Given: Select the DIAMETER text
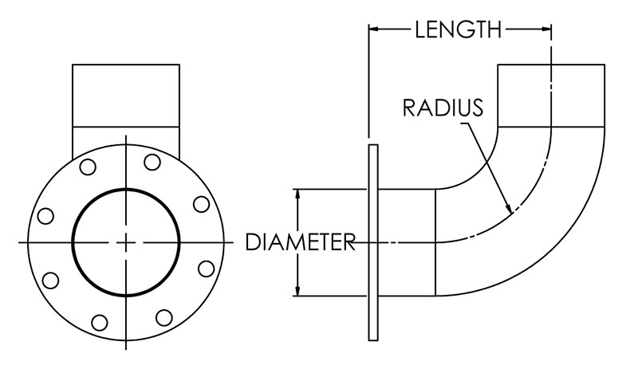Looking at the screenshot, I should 300,241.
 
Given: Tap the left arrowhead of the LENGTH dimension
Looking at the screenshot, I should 373,31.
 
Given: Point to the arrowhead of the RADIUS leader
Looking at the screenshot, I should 508,209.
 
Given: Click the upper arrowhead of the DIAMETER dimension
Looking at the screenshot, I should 298,194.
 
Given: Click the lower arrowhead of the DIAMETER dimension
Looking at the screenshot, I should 298,292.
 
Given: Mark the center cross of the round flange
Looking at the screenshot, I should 126,241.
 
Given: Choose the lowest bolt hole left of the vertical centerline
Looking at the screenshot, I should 100,322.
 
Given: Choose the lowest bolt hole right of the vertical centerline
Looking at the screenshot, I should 163,317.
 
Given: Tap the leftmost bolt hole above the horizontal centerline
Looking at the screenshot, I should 45,215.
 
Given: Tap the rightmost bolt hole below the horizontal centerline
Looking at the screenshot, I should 205,267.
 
